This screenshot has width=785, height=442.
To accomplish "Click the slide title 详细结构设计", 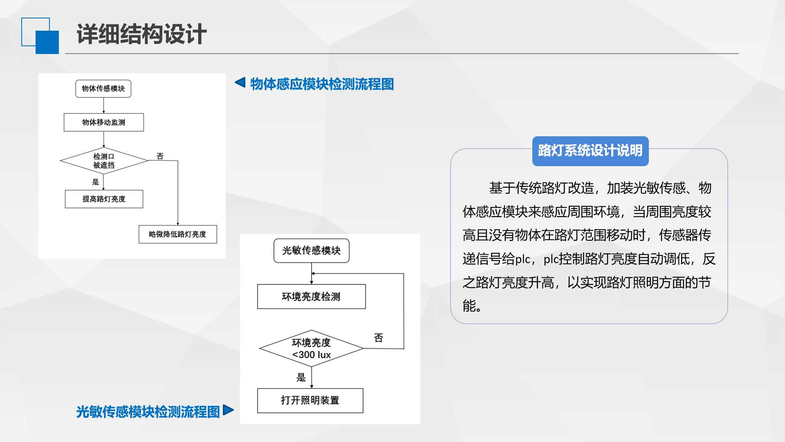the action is [141, 34].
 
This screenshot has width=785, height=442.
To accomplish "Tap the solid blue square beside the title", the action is [47, 42].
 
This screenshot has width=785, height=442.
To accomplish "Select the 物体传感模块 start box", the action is [103, 89].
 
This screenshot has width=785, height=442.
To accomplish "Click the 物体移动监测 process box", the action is [104, 122].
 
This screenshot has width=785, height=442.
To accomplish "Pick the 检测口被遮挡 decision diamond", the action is [104, 161].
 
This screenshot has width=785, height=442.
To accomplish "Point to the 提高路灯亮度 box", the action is [104, 199].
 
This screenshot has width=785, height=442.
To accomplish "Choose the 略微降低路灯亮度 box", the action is [178, 234].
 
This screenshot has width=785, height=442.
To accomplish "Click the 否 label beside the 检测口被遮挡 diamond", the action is [160, 156].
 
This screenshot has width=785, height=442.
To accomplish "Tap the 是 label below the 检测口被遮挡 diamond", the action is [95, 182].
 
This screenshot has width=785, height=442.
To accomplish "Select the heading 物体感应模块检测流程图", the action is [322, 84].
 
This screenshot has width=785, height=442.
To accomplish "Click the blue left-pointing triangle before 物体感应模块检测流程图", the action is [240, 82].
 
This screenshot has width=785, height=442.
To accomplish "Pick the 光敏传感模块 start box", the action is [312, 250].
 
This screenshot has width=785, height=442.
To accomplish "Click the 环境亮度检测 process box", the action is [312, 297].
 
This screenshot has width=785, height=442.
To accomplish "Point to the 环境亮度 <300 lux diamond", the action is [312, 349].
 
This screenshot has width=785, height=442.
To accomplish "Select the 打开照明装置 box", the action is [310, 401].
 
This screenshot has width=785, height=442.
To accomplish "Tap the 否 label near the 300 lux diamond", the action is [379, 338].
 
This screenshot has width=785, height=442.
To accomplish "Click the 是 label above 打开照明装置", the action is [301, 377].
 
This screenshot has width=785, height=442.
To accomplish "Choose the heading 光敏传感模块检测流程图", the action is [148, 412].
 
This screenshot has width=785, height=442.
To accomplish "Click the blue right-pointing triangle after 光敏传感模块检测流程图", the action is [229, 410].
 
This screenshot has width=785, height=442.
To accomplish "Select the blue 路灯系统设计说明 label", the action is [590, 151].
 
